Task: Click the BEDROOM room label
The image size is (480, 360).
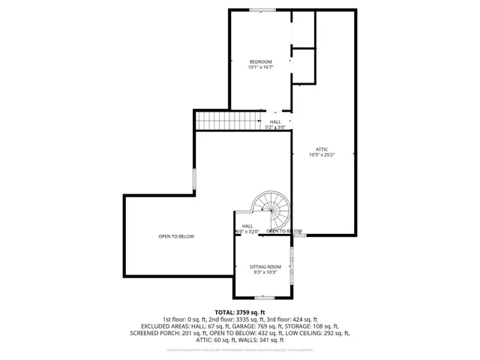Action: [260, 61]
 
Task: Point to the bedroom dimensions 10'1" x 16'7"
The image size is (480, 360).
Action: [260, 67]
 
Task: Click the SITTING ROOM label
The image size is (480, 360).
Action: [265, 267]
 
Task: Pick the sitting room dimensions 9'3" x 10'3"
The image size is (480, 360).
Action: [265, 273]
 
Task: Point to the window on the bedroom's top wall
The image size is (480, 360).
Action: [262, 10]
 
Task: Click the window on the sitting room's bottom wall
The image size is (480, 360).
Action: [264, 298]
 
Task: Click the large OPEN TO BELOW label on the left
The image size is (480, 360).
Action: [176, 237]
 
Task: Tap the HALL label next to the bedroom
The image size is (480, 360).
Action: [275, 122]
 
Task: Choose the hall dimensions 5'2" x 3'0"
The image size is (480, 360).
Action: [275, 127]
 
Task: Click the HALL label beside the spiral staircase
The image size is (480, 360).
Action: [247, 226]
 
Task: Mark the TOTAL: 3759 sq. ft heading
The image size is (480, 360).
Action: [240, 311]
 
